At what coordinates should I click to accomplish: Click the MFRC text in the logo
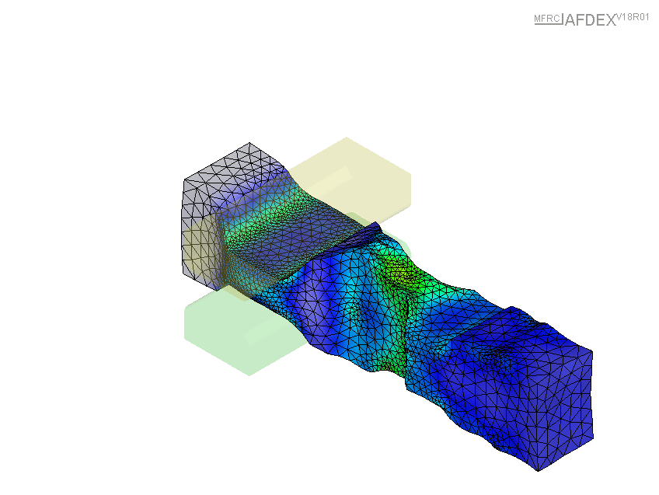(x=547, y=19)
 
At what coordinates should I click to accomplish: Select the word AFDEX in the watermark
(x=590, y=20)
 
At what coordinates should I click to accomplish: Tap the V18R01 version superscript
(x=633, y=18)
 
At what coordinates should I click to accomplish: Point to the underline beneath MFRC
(x=548, y=24)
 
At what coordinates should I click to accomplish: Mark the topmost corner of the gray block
(x=249, y=143)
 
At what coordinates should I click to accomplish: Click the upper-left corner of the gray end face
(x=184, y=180)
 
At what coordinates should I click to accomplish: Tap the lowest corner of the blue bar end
(x=539, y=471)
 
